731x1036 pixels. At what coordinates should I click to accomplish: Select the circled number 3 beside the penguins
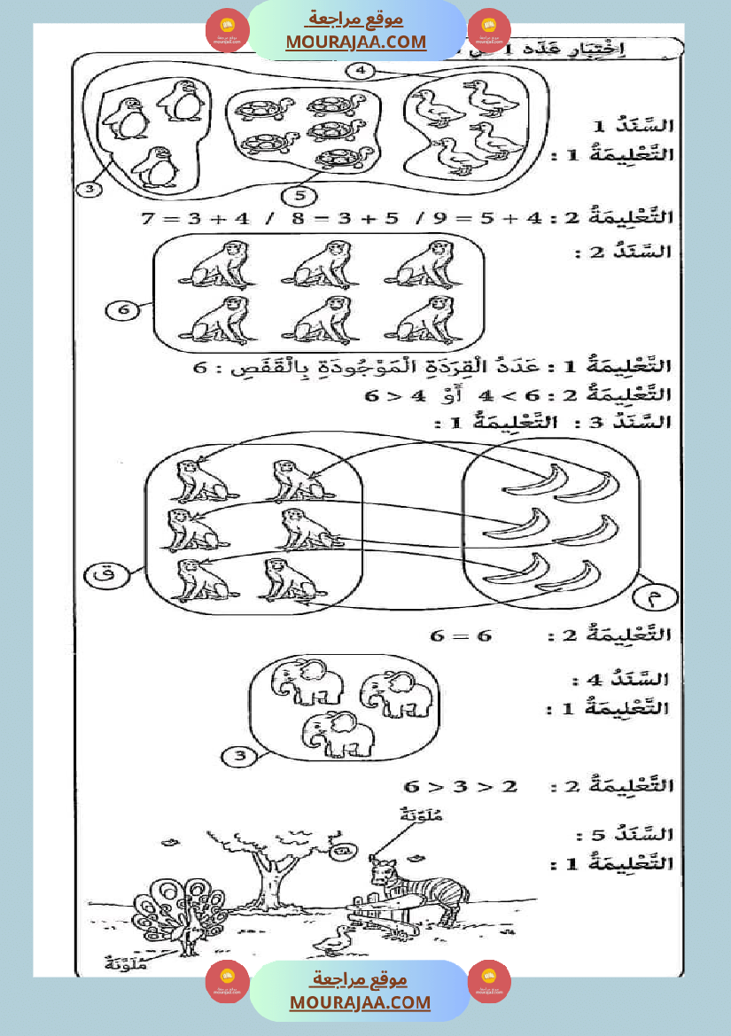pos(92,189)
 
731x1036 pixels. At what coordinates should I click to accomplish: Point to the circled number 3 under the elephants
pos(237,756)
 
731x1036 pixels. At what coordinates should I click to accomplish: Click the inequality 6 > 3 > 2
pos(461,786)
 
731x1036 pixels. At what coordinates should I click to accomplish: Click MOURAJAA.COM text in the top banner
pos(355,42)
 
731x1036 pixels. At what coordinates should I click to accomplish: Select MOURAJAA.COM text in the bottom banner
pos(360,1002)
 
